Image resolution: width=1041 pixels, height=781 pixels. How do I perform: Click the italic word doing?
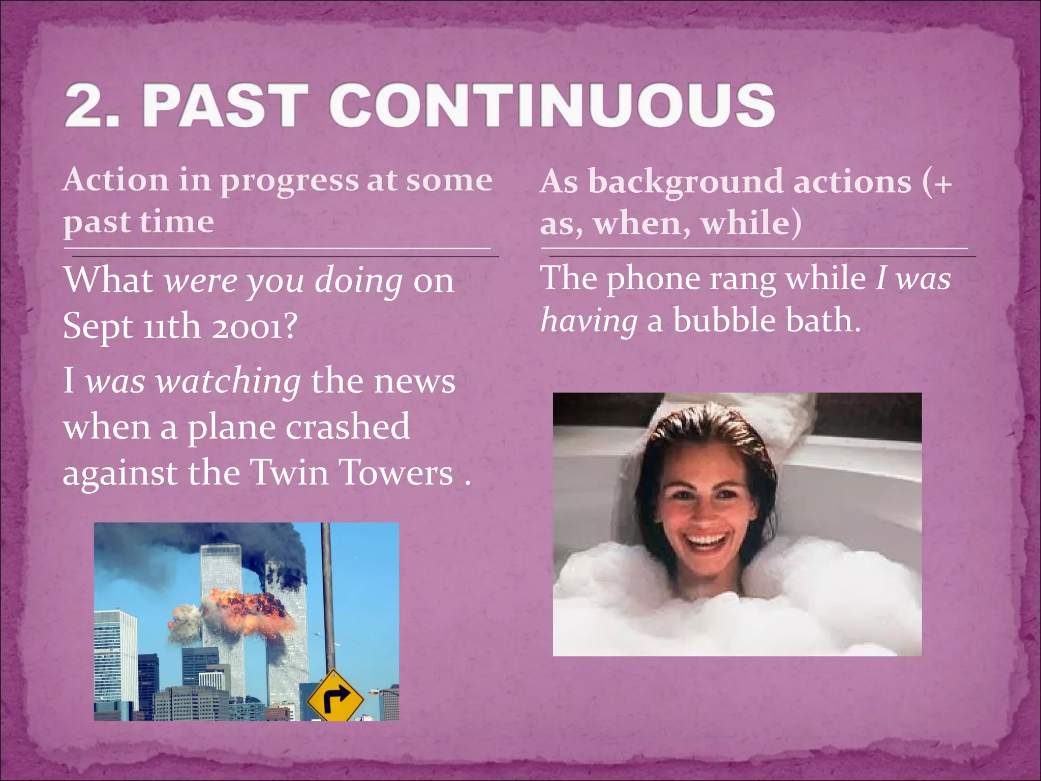tap(358, 281)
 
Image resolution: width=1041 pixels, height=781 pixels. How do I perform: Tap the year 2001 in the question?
tap(249, 326)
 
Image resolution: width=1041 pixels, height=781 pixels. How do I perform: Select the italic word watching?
tap(228, 381)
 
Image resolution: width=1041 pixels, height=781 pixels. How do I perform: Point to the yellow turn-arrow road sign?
tap(335, 697)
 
